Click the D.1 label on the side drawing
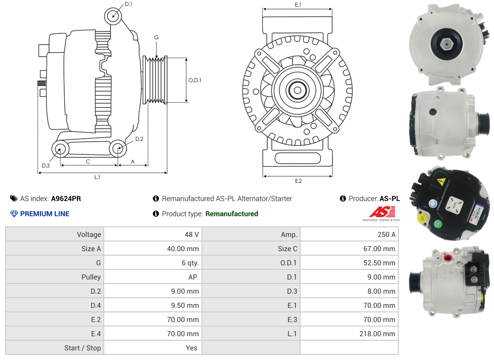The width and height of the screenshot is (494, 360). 128,4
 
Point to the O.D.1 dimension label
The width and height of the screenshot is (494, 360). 195,80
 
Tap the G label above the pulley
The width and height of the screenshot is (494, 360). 156,37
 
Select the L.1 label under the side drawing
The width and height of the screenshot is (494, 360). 97,177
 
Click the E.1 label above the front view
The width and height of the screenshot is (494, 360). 298,5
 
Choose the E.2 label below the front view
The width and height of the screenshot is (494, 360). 298,181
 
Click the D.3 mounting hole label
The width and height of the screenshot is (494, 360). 46,166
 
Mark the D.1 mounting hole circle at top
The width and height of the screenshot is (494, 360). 113,17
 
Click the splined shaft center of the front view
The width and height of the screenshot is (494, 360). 297,91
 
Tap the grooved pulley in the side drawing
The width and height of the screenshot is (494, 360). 156,80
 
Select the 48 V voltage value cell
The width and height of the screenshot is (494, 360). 192,234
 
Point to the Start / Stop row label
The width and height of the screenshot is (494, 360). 83,348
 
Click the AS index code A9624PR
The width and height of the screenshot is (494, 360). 66,198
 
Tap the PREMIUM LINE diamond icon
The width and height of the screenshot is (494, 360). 14,214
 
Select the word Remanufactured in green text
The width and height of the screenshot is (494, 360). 231,214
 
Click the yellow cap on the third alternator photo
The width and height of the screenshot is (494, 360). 420,219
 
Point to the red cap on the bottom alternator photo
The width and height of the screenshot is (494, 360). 447,258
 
